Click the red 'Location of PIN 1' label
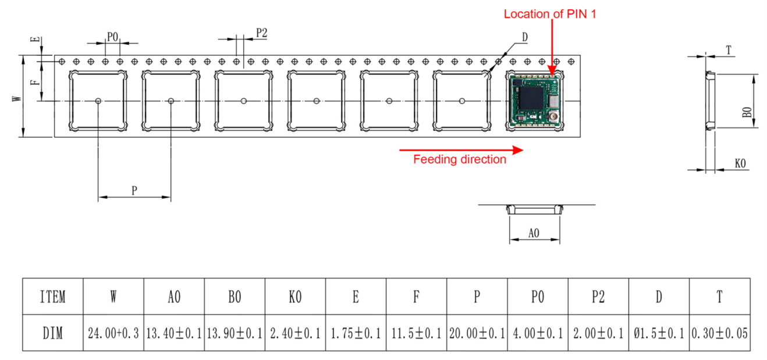pos(550,14)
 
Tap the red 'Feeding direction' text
pos(460,159)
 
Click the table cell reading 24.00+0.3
pos(113,333)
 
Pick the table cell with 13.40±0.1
pos(174,333)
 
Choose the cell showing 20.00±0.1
pos(477,333)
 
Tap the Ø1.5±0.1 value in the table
pos(659,333)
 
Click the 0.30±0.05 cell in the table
pos(720,333)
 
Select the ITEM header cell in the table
pos(53,297)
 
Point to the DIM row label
pos(53,333)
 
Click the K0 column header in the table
pos(295,297)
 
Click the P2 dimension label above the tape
pos(261,34)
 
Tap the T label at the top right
pos(729,51)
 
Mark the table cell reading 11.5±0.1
pos(416,333)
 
